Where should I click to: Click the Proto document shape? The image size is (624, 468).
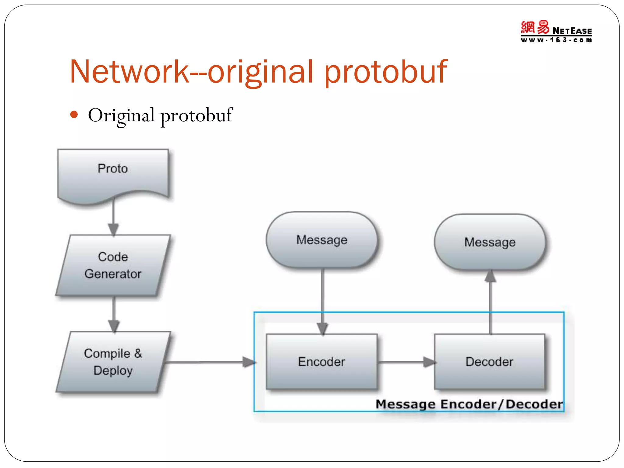click(x=113, y=174)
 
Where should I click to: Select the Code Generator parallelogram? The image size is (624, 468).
click(x=113, y=265)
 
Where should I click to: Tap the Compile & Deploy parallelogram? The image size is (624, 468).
click(x=113, y=362)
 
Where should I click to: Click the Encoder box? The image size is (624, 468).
click(x=322, y=362)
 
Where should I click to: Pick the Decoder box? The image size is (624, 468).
click(x=489, y=362)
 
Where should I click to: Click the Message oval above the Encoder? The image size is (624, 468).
click(x=322, y=240)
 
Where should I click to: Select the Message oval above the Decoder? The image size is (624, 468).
click(x=490, y=242)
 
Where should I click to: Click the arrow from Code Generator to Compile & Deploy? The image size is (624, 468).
click(x=114, y=314)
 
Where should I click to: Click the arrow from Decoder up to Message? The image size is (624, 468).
click(x=490, y=302)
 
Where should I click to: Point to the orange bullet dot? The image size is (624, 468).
click(x=74, y=115)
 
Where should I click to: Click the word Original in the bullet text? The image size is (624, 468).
click(x=121, y=115)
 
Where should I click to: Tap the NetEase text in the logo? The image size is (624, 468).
click(x=572, y=31)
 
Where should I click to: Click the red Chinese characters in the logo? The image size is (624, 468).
click(x=535, y=27)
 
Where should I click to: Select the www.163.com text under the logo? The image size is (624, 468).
click(x=556, y=40)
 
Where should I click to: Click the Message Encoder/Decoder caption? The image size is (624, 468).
click(x=469, y=404)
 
